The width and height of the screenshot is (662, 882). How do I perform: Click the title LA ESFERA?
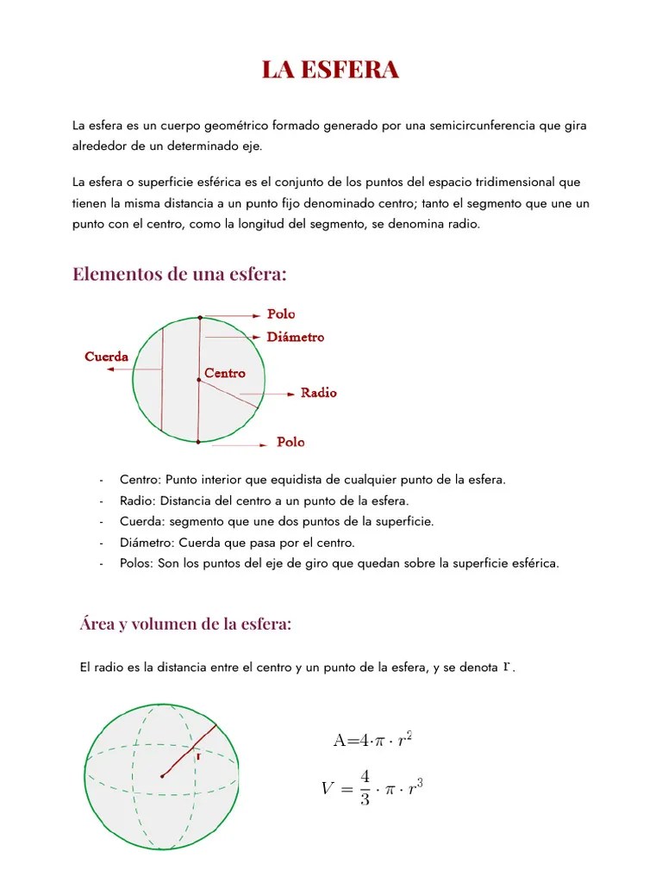(330, 71)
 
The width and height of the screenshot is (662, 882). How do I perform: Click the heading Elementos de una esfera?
(179, 275)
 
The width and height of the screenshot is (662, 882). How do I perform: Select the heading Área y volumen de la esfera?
(185, 624)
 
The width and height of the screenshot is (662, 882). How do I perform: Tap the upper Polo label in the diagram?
(281, 314)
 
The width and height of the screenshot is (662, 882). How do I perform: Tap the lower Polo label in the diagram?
(290, 442)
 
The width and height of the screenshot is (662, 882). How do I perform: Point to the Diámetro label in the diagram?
(296, 337)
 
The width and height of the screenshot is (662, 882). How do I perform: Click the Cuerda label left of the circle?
(107, 357)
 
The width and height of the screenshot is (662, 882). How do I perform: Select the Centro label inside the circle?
(225, 373)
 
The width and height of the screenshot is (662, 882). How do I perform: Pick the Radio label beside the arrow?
(318, 393)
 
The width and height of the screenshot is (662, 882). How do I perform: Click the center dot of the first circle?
(199, 379)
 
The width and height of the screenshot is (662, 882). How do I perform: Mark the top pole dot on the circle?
(200, 317)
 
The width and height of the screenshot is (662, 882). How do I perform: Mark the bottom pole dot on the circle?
(198, 442)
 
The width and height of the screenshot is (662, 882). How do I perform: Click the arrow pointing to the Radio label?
(279, 394)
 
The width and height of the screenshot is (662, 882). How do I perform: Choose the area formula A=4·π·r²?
(372, 739)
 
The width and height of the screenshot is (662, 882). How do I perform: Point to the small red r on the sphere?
(198, 756)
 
